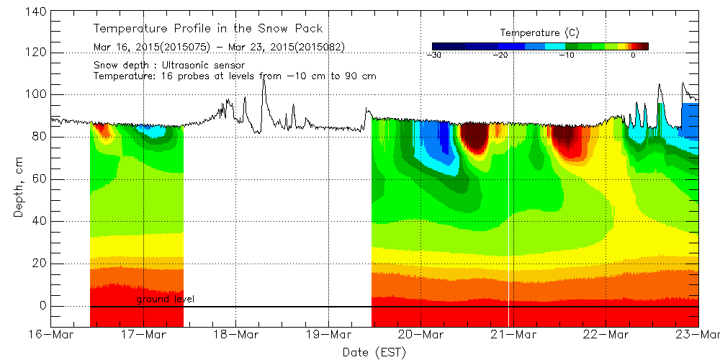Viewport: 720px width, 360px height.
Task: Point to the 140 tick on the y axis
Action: point(35,11)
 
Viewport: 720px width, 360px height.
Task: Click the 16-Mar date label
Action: point(51,335)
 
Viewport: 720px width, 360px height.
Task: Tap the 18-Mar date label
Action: point(236,335)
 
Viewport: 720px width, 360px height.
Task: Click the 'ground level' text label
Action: point(166,299)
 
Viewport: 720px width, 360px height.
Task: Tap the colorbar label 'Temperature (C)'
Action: point(539,33)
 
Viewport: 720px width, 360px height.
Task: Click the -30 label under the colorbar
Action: point(434,55)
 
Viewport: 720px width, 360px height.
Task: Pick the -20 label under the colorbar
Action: point(501,55)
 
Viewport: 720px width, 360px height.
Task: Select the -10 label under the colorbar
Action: point(567,55)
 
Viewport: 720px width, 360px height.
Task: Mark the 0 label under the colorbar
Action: point(633,55)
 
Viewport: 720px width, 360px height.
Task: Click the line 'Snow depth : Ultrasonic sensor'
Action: point(169,66)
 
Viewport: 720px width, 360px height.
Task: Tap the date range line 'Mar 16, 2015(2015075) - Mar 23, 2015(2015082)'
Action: point(219,48)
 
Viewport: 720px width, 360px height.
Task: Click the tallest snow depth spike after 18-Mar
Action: point(264,77)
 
